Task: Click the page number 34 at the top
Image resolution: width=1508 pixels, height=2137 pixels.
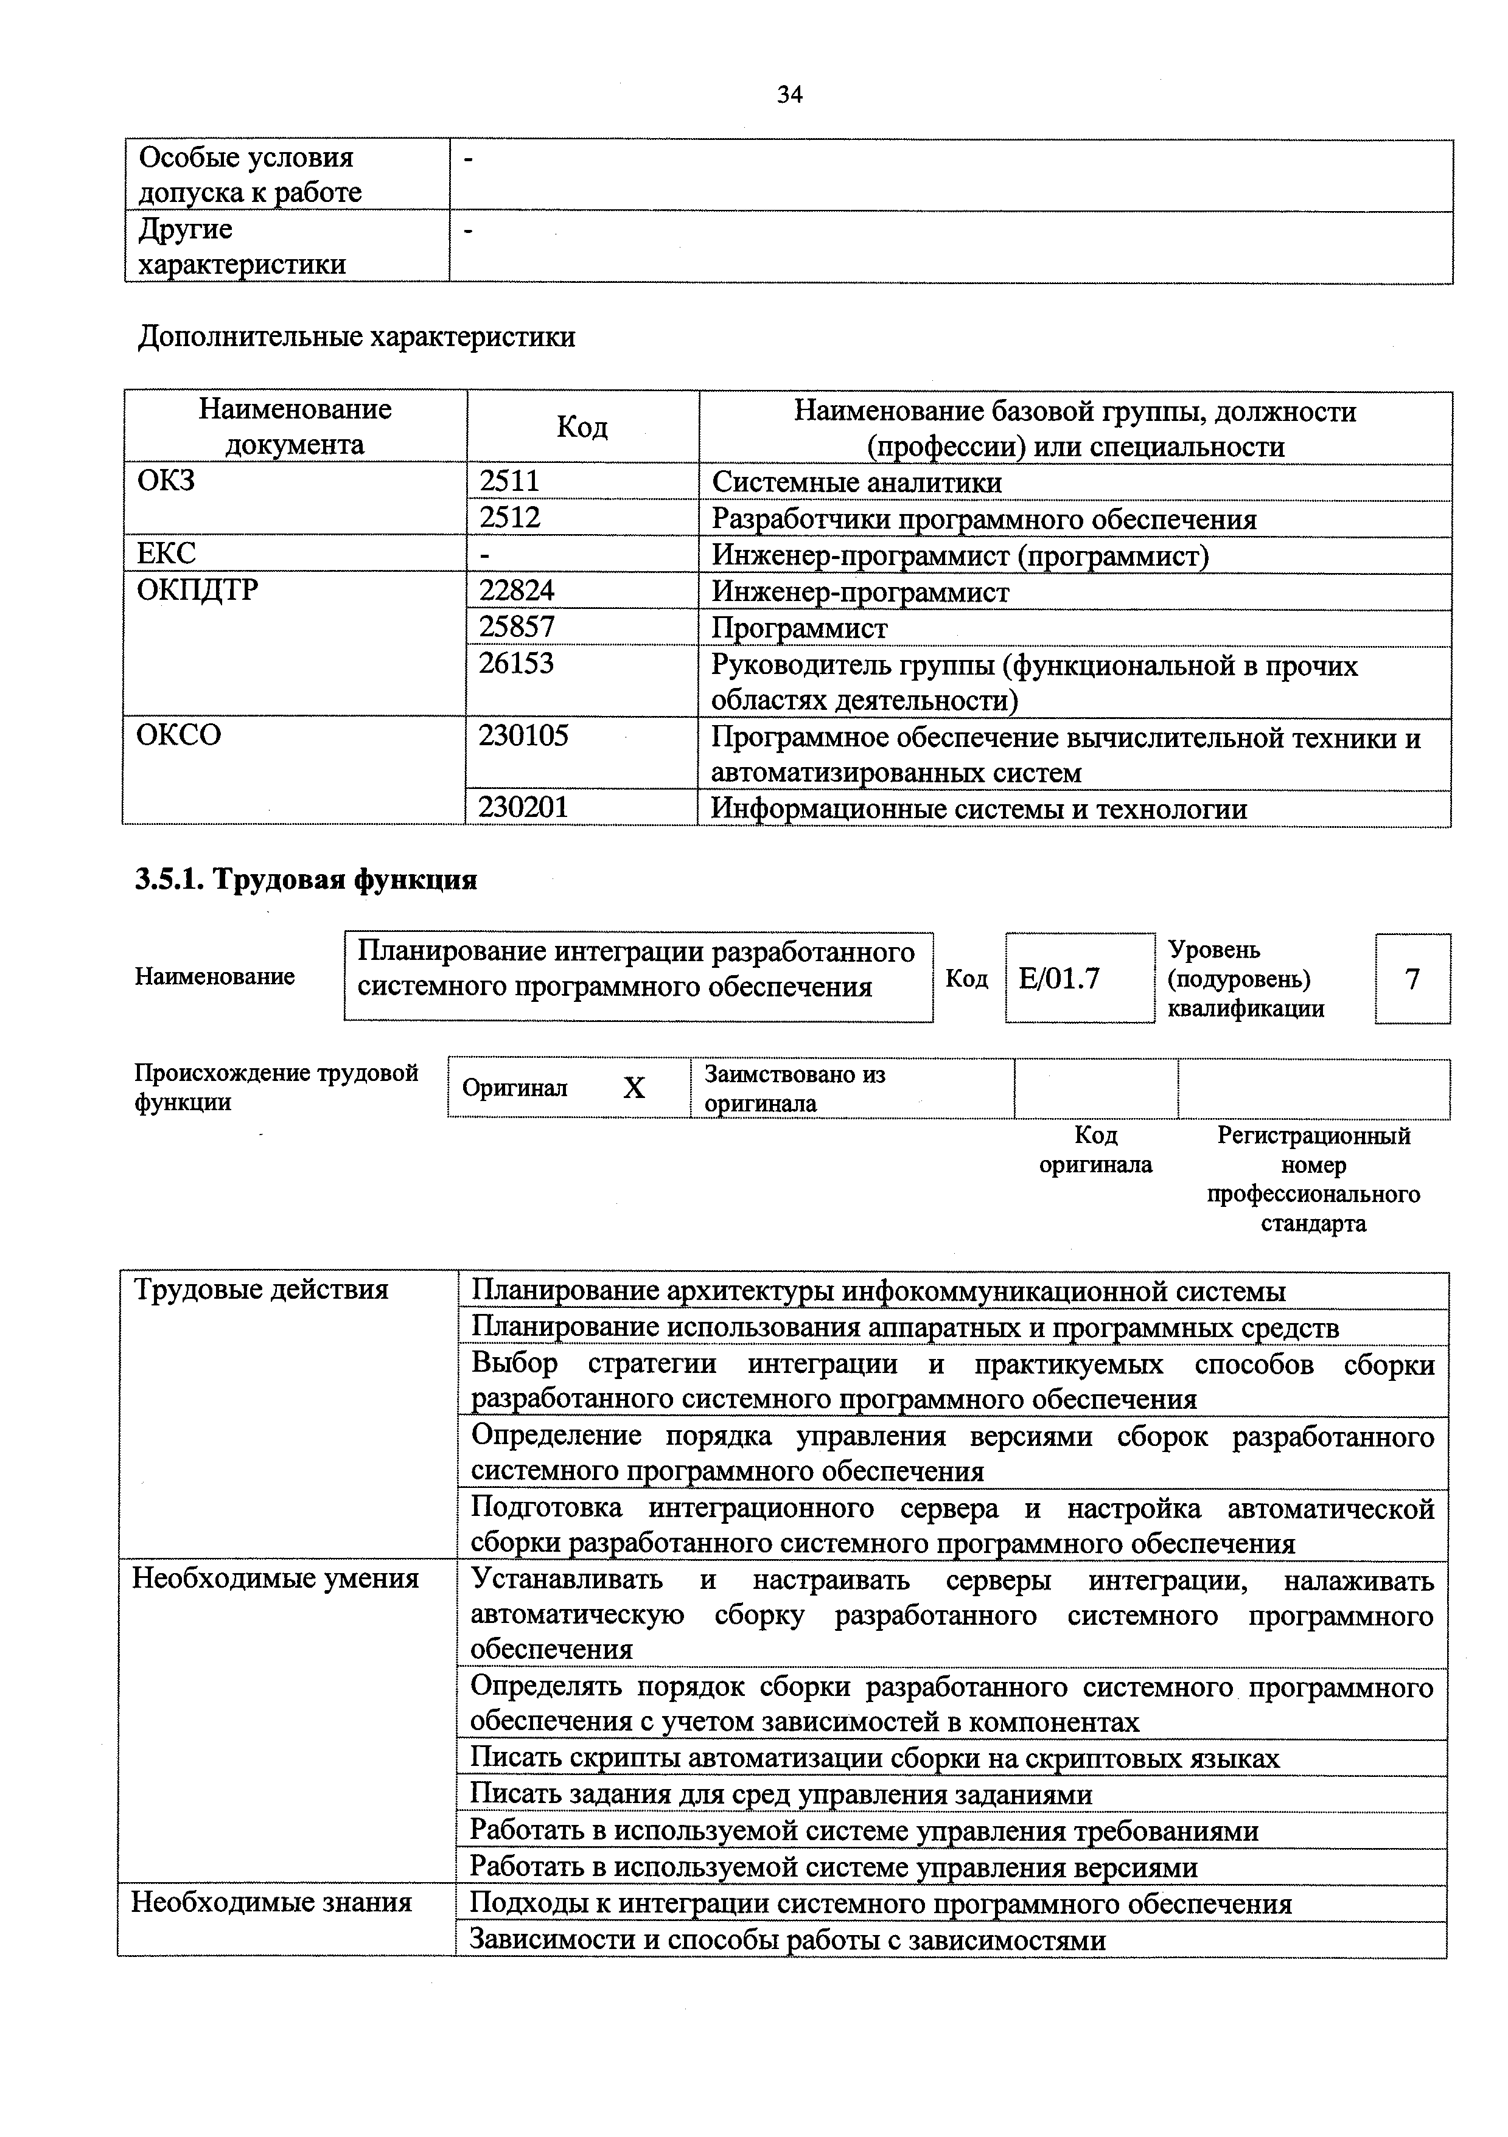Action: point(789,94)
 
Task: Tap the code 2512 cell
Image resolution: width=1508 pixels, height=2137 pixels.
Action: point(509,518)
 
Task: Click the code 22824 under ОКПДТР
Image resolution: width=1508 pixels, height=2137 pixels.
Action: point(517,591)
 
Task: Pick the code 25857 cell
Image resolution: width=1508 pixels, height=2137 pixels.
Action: point(517,627)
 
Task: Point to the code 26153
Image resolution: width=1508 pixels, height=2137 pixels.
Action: point(517,664)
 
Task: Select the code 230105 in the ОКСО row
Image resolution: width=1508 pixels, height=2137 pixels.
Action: point(523,736)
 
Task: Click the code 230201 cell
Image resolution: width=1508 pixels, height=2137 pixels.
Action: point(523,807)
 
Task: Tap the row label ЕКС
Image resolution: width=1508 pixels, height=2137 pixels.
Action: point(167,554)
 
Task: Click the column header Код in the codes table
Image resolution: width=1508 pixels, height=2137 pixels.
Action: point(582,427)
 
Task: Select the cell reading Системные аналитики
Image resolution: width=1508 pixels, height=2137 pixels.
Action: point(856,482)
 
